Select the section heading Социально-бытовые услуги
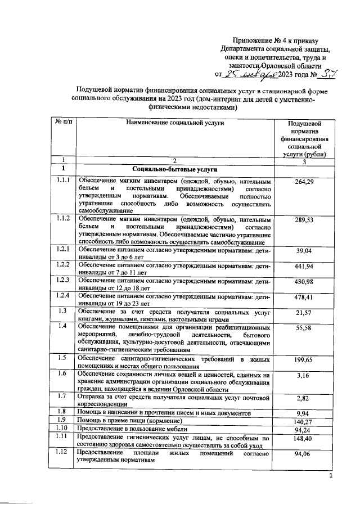click(x=174, y=169)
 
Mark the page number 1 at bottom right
click(x=331, y=477)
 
